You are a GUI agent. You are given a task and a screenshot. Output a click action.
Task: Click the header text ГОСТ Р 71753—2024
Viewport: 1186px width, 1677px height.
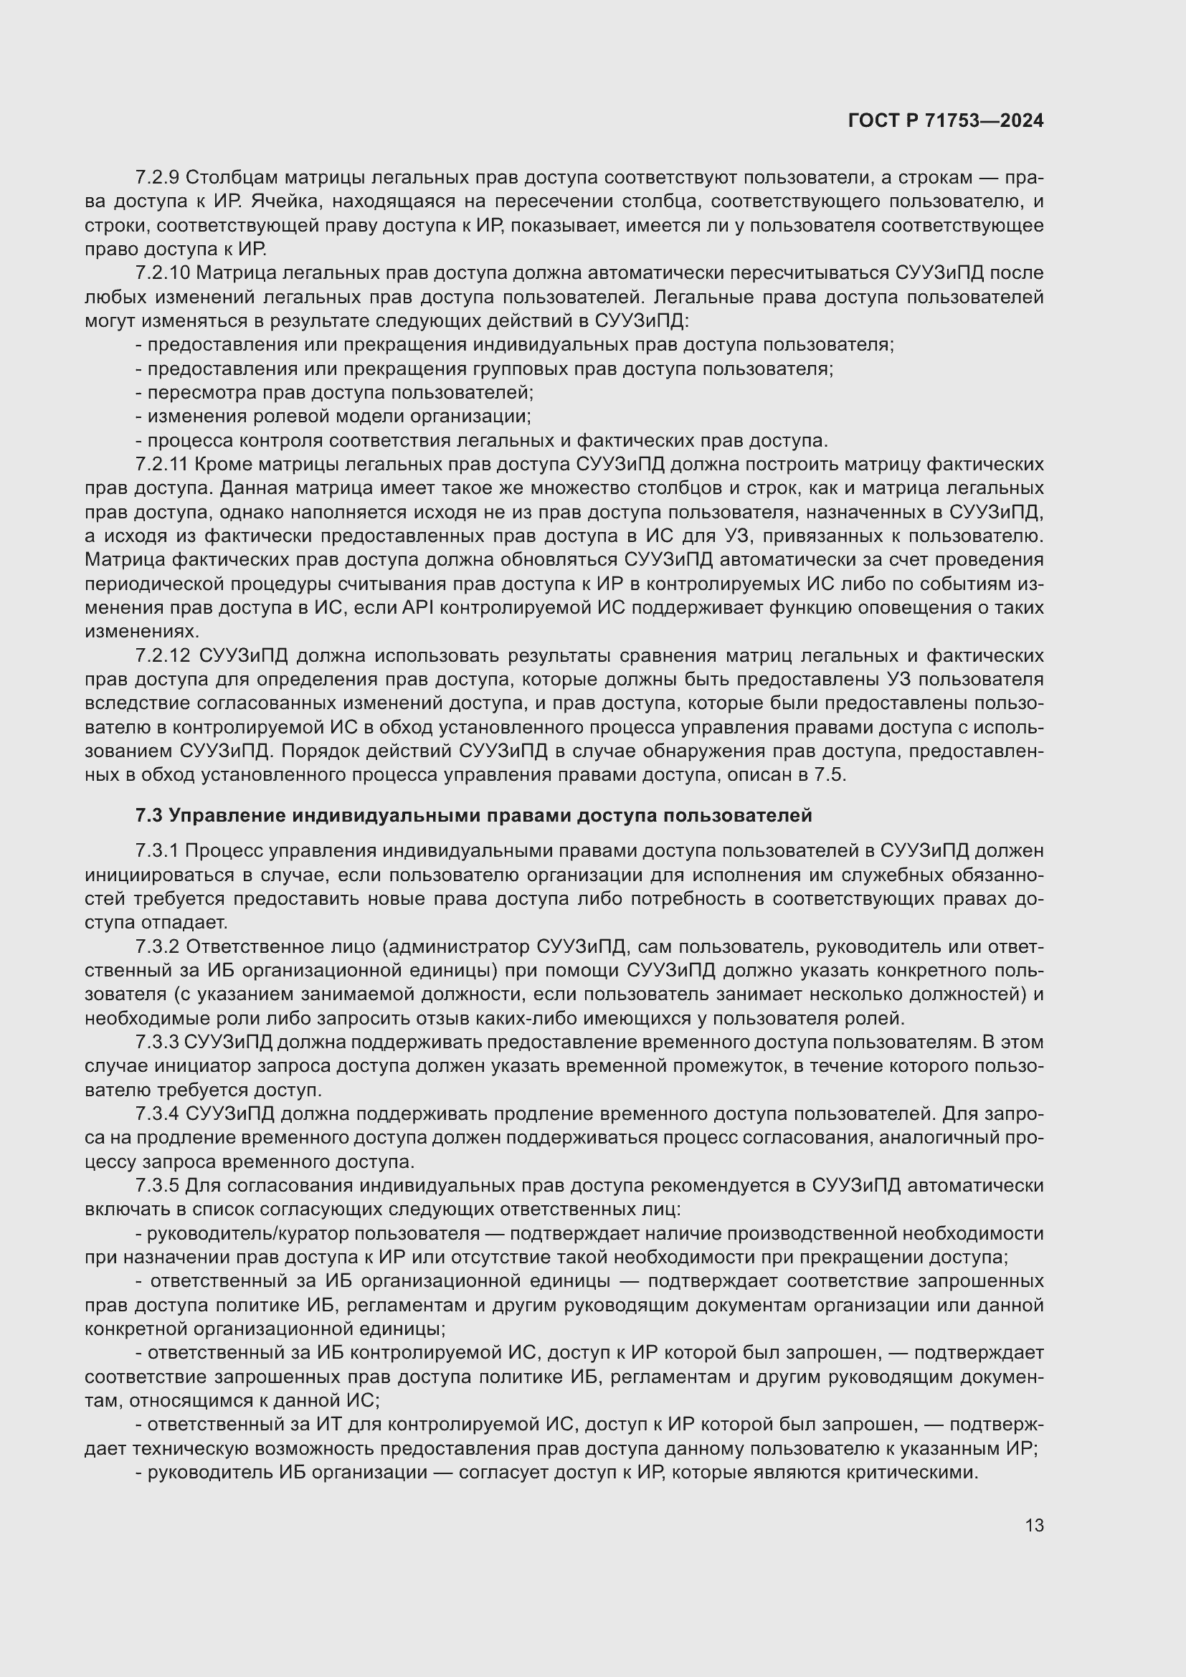coord(946,121)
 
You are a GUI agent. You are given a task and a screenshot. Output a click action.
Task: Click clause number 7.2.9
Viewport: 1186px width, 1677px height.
coord(158,178)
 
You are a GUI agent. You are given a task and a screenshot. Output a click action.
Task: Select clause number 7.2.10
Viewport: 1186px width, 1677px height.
coord(163,273)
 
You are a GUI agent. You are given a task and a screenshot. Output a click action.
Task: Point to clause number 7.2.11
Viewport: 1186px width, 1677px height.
coord(161,465)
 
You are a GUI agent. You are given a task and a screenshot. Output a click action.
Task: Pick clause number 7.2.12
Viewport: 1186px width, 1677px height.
coord(163,656)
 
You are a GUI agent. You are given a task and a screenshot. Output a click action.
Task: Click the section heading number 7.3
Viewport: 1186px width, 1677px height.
coord(150,815)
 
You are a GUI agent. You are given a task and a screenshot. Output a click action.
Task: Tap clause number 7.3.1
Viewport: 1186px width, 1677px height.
coord(158,851)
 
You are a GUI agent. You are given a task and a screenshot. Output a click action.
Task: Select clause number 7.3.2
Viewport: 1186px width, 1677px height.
coord(158,946)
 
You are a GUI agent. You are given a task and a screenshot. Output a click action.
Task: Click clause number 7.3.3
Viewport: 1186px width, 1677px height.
coord(158,1042)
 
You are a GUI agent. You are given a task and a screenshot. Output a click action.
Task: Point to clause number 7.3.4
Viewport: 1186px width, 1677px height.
coord(158,1114)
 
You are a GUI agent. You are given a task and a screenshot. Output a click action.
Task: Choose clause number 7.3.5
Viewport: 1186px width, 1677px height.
coord(158,1185)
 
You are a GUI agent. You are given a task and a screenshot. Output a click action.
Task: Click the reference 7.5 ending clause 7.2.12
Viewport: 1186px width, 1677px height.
coord(832,775)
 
